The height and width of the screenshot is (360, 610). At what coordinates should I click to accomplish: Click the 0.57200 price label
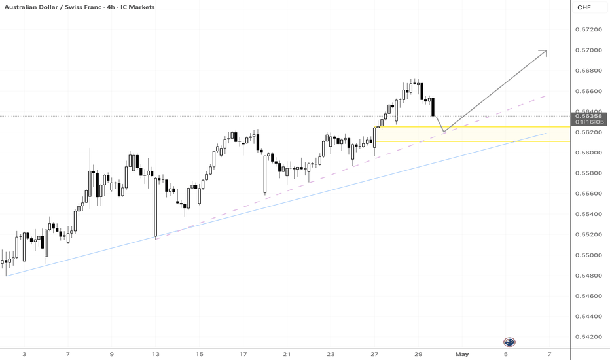click(x=590, y=29)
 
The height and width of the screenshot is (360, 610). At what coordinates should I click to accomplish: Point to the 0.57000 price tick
click(x=590, y=50)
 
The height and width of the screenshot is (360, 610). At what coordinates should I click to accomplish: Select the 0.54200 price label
click(x=590, y=337)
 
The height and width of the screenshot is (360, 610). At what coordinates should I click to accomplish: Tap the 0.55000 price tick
click(x=590, y=255)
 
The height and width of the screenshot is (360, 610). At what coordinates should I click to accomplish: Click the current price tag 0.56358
click(x=590, y=116)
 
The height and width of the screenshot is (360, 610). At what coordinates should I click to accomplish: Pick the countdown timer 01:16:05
click(x=590, y=122)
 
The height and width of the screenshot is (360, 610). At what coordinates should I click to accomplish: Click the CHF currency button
click(x=583, y=7)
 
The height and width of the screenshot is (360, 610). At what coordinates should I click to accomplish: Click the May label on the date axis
click(x=462, y=354)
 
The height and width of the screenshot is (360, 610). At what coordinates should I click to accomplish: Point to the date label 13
click(x=155, y=354)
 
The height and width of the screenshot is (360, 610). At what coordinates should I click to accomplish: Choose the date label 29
click(x=418, y=354)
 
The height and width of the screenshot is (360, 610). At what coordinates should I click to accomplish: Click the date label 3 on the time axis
click(x=24, y=354)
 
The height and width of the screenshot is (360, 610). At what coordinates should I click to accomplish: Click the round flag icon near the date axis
click(x=509, y=342)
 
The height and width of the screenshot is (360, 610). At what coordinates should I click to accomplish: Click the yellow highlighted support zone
click(x=471, y=134)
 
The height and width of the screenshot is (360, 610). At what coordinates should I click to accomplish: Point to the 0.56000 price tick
click(x=590, y=153)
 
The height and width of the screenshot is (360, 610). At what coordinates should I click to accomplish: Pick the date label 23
click(x=331, y=354)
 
